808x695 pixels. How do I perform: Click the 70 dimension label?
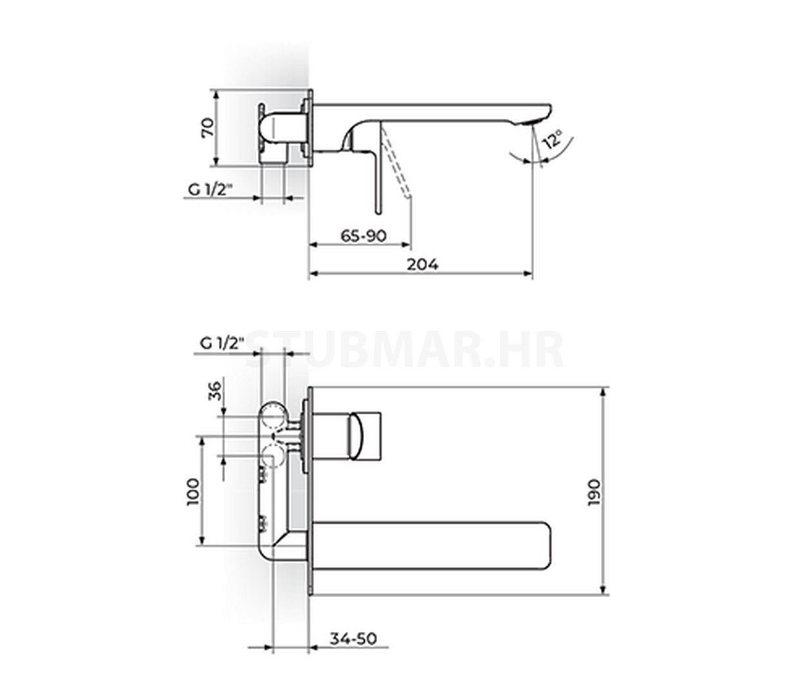pyautogui.click(x=208, y=127)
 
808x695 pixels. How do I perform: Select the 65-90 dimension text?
pyautogui.click(x=363, y=236)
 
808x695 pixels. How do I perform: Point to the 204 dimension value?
pyautogui.click(x=422, y=264)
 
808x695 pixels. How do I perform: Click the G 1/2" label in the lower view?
pyautogui.click(x=222, y=344)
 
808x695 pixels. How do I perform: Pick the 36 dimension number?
pyautogui.click(x=215, y=391)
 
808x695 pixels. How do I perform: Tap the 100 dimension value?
pyautogui.click(x=193, y=492)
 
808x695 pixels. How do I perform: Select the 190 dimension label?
pyautogui.click(x=593, y=492)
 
